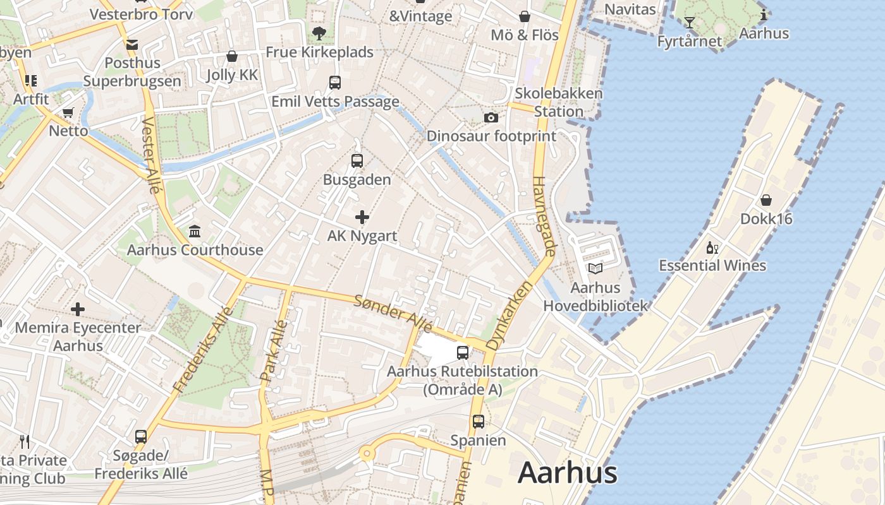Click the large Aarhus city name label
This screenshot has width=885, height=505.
click(567, 473)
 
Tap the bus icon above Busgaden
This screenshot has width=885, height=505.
click(357, 160)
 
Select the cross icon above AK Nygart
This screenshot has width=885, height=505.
click(362, 218)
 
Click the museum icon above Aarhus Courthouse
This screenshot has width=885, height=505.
click(195, 232)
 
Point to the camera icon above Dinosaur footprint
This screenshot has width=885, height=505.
click(491, 118)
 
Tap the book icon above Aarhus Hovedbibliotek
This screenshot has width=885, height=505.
click(595, 268)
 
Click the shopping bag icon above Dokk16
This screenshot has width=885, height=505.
click(766, 200)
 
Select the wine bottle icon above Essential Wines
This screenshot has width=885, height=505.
click(712, 247)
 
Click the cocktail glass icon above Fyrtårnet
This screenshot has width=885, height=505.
click(689, 23)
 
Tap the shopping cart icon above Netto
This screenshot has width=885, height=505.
click(68, 113)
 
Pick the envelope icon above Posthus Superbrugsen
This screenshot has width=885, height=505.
click(132, 45)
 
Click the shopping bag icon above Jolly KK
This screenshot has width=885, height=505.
click(232, 56)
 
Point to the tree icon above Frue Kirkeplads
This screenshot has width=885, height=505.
click(319, 33)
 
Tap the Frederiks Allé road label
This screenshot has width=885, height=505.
click(208, 347)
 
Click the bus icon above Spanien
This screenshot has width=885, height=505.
click(479, 421)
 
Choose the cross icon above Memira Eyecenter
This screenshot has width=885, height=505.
click(78, 309)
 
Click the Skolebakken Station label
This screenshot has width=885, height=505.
click(559, 102)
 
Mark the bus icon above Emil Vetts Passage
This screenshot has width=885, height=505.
click(335, 82)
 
